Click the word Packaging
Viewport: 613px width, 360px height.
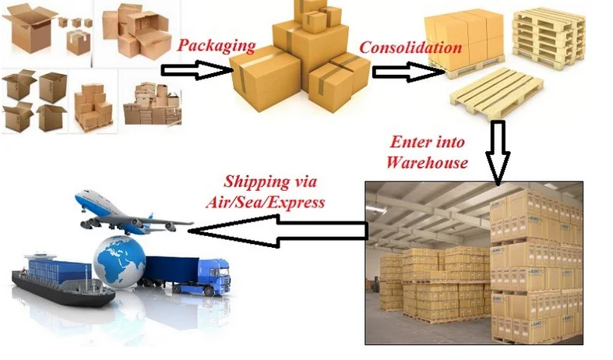click(217, 45)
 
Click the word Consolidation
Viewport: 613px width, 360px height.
click(410, 47)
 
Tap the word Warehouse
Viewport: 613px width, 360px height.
click(428, 163)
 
